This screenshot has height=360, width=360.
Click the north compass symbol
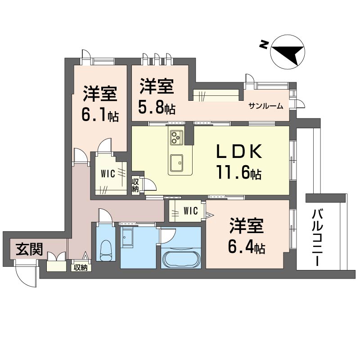coord(288,52)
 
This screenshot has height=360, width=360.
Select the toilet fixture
coord(106,250)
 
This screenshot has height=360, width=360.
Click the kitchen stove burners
coord(175,135)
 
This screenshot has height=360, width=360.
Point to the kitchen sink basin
coord(175,161)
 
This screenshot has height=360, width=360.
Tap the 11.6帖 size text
coord(239,173)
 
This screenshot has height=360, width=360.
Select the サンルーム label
coord(266,106)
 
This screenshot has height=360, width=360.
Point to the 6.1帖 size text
coord(100,115)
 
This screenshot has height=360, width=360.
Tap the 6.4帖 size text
coord(247,247)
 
